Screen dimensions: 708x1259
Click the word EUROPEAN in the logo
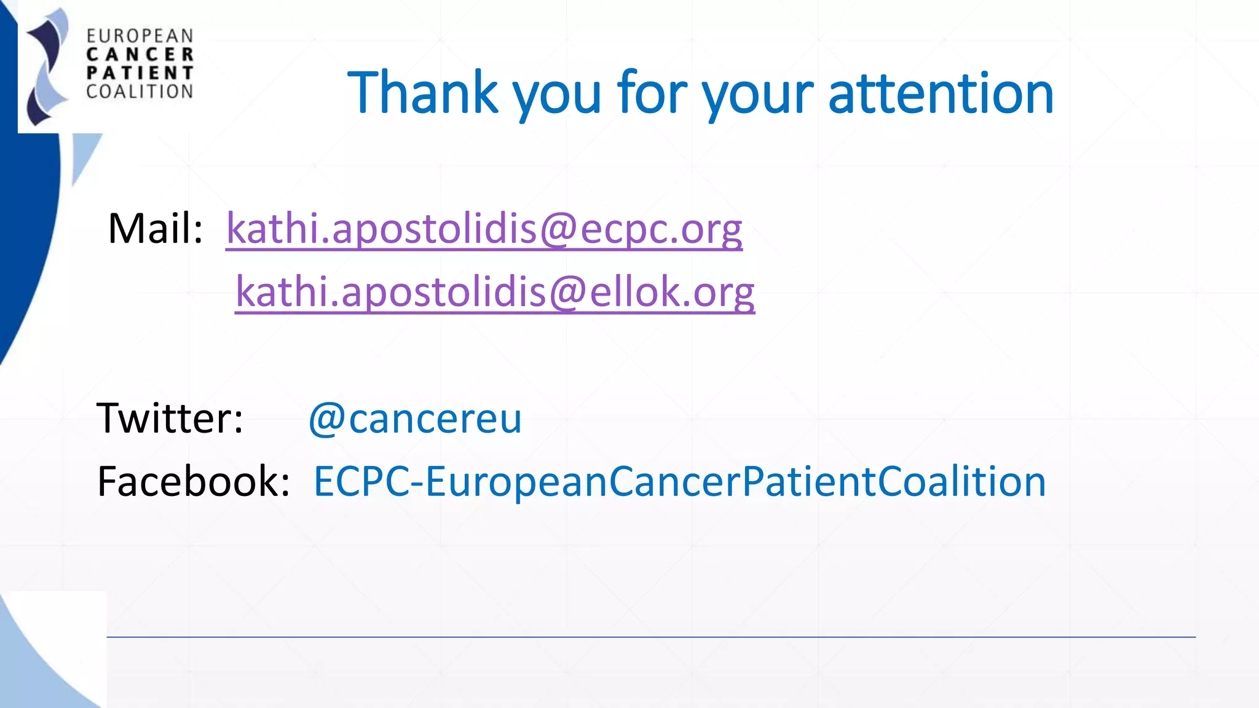pos(140,36)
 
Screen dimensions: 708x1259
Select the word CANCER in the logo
pos(140,55)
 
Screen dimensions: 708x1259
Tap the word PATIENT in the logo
pos(140,73)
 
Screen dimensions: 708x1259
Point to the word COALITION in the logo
pos(140,92)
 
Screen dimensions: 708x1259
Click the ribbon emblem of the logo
pos(47,68)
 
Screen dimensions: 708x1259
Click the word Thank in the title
pos(423,93)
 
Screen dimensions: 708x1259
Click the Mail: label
pos(155,229)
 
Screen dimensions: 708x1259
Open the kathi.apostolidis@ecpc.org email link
pos(484,229)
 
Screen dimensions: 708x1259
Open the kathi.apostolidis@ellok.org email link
pos(495,292)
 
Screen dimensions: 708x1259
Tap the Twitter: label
pos(170,419)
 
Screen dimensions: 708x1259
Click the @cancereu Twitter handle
pos(415,419)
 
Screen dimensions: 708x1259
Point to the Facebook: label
pos(194,481)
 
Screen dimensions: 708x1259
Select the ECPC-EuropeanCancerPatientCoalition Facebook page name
pos(679,481)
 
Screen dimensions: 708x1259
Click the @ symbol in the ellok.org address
pos(568,292)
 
